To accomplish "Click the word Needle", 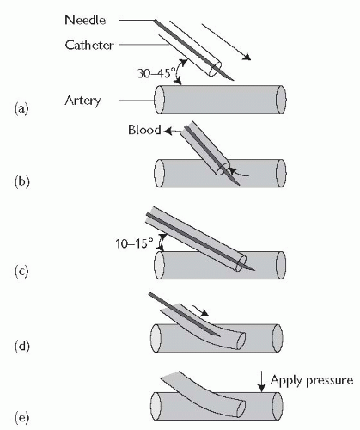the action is [x=85, y=20].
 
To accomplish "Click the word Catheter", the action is [x=89, y=45].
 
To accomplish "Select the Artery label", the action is [x=82, y=101].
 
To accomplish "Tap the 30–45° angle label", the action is [x=156, y=73].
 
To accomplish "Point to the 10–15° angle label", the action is [x=134, y=243].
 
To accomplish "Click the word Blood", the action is [x=144, y=130].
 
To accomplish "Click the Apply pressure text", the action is [x=312, y=381].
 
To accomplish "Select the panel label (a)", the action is [x=21, y=109].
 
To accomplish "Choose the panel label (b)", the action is [x=21, y=182].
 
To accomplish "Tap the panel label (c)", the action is [x=21, y=271].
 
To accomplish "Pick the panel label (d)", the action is [x=21, y=347].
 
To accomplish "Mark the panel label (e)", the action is [x=21, y=418].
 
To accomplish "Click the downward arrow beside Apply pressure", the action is [x=261, y=383].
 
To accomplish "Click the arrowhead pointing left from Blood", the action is [x=168, y=132].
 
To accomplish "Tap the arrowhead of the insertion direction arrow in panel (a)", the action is [x=247, y=58].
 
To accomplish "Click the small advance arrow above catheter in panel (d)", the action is [x=201, y=311].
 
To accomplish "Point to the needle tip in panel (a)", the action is [x=234, y=80].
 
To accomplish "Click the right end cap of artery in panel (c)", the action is [x=281, y=265].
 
